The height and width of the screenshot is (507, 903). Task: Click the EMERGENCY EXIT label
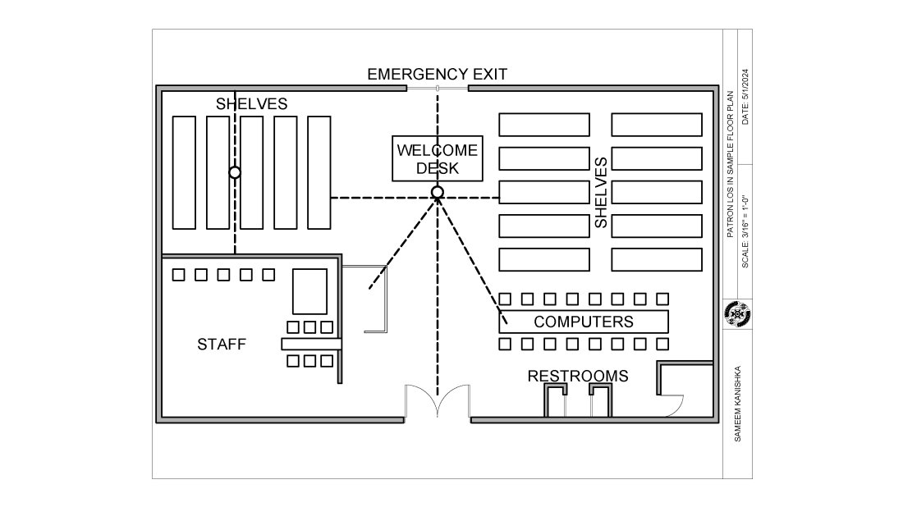click(437, 74)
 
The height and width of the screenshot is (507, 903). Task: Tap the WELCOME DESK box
click(437, 159)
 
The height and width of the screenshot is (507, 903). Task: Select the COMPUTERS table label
click(584, 322)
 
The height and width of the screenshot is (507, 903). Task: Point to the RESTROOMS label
click(577, 377)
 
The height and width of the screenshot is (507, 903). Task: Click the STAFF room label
click(221, 345)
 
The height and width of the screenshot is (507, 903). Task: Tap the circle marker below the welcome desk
click(438, 192)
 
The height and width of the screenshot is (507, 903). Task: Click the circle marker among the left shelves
click(235, 172)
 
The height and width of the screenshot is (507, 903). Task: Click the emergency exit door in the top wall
click(438, 88)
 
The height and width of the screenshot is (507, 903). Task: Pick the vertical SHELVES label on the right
click(601, 193)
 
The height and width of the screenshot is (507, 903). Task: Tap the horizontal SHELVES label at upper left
click(251, 104)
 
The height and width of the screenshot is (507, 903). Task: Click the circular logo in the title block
click(738, 314)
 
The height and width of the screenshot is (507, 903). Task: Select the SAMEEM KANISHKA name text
click(739, 404)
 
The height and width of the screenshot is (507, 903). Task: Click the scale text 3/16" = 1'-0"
click(745, 231)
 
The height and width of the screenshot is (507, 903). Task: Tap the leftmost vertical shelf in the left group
click(185, 172)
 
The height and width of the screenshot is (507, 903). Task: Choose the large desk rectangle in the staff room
click(311, 291)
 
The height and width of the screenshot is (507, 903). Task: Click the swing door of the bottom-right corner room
click(675, 404)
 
